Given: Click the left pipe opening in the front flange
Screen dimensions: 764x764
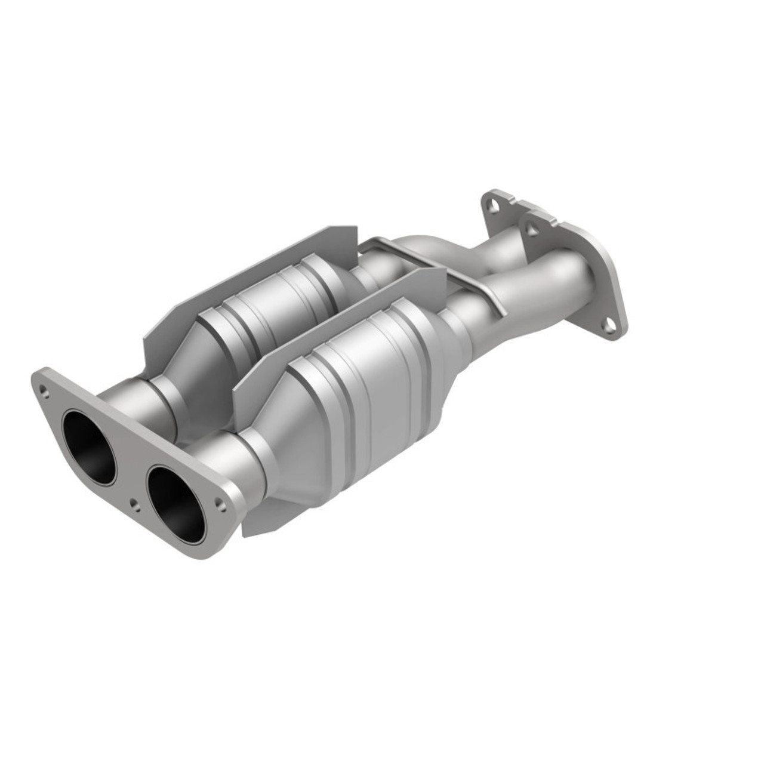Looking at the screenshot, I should click(x=90, y=445).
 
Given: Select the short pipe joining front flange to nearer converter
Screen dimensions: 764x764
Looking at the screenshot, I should click(x=239, y=472).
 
